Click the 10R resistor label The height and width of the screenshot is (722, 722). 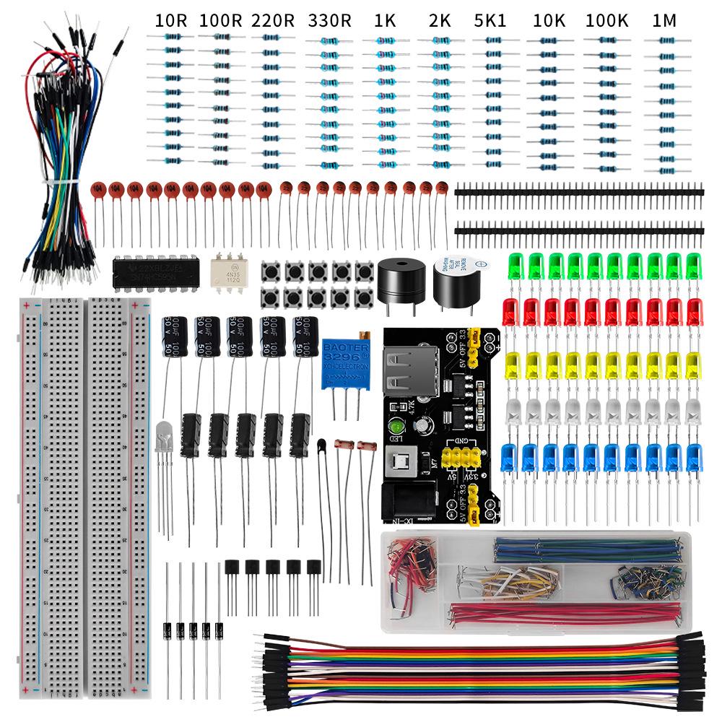point(171,21)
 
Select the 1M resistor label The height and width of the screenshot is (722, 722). point(664,21)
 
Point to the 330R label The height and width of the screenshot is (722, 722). point(329,21)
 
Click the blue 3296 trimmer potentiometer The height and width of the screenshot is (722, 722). point(346,362)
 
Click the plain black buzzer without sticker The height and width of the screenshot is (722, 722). point(398,279)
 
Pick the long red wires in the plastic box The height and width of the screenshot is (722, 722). point(563,614)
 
